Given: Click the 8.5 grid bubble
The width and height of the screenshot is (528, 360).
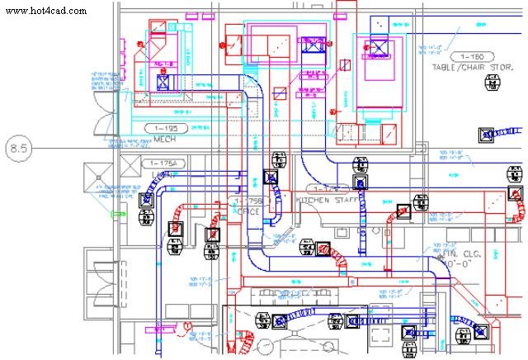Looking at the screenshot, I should coord(18,149).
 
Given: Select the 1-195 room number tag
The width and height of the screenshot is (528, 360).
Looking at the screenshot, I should coord(166,129).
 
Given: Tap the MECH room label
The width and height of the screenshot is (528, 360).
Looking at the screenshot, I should coord(166,140).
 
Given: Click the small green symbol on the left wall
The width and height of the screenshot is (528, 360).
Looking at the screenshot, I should coord(115,214).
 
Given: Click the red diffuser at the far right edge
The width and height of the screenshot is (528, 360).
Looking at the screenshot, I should coord(515,195).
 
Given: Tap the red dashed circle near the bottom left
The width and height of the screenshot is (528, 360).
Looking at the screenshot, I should coord(188,327).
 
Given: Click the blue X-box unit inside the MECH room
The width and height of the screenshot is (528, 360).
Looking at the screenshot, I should coord(163,82).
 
